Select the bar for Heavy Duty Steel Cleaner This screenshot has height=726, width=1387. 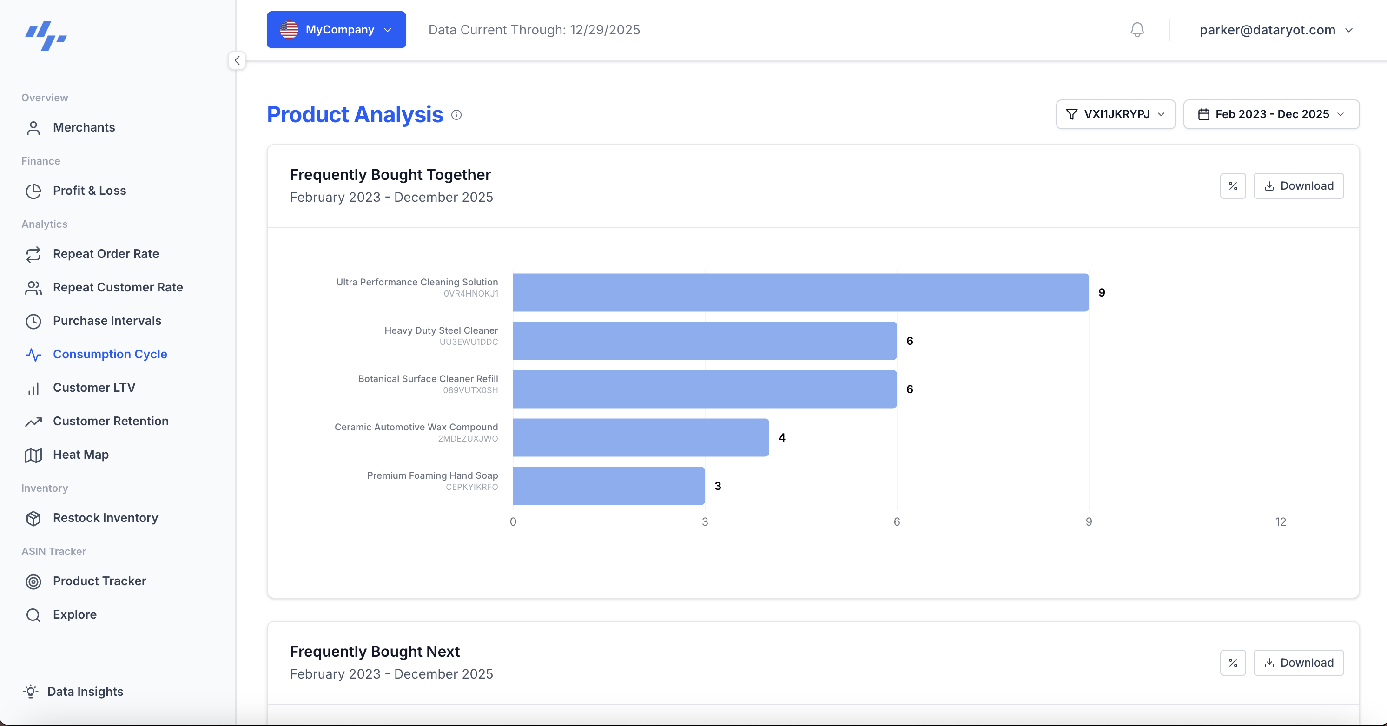pos(704,341)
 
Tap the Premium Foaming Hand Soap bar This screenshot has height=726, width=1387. pos(608,486)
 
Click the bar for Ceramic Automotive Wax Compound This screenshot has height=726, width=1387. pos(641,437)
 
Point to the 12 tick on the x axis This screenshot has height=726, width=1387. pos(1281,521)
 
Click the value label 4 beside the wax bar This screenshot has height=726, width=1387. pos(782,437)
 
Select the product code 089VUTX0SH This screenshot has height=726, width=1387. pos(470,390)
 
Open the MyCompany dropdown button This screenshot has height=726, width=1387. pos(336,30)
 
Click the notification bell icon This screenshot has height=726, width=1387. pos(1136,30)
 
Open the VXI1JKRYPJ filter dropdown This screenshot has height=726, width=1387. pos(1115,114)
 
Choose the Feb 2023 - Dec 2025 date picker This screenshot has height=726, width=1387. pos(1271,114)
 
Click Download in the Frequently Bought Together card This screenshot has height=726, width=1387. pos(1298,186)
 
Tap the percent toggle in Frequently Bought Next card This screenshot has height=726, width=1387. pos(1233,662)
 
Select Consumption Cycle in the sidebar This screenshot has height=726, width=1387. pos(110,354)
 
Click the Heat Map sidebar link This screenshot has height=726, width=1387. pos(81,455)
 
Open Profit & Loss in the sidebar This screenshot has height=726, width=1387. pos(89,191)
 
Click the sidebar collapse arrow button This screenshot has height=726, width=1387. pos(237,60)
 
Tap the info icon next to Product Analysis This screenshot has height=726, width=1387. pos(456,115)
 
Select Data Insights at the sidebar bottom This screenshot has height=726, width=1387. pos(85,691)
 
